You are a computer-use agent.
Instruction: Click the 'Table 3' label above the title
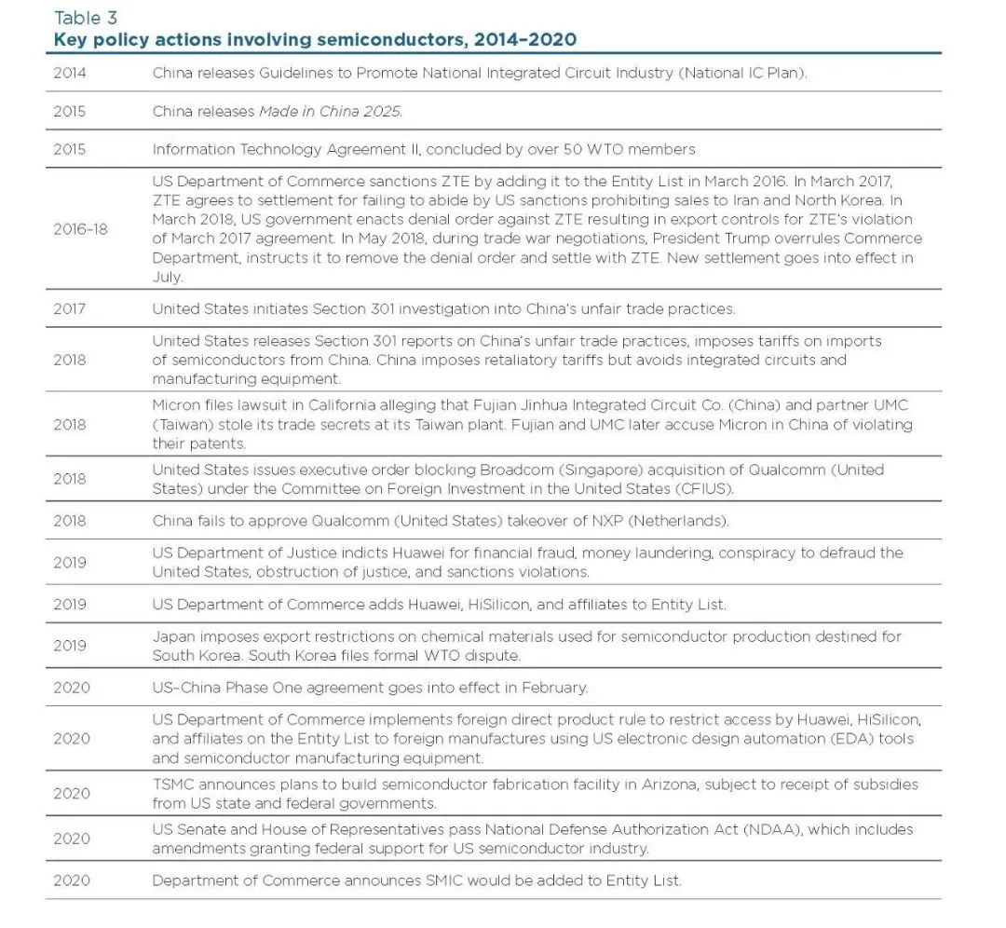[x=86, y=18]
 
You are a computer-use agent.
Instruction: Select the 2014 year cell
[x=69, y=73]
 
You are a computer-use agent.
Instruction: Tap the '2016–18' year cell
[x=80, y=228]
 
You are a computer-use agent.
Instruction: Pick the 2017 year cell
[x=69, y=308]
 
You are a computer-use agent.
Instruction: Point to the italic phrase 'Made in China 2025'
[x=330, y=111]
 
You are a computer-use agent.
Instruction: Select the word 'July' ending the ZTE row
[x=168, y=277]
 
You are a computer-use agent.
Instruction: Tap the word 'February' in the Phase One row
[x=554, y=688]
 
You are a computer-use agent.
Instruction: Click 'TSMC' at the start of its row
[x=172, y=785]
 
